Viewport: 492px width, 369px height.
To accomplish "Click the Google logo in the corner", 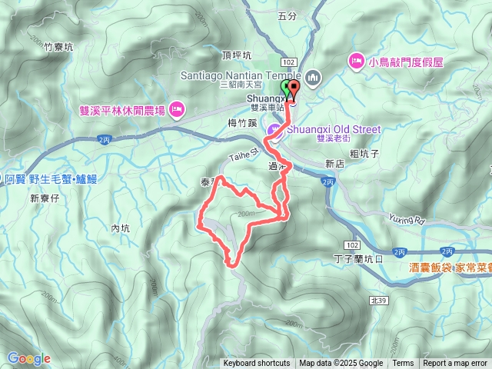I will coord(28,358).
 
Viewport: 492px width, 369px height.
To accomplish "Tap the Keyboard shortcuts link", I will coord(257,364).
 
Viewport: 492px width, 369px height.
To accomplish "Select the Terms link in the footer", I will coord(403,364).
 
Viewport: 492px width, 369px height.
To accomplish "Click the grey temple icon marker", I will coord(313,77).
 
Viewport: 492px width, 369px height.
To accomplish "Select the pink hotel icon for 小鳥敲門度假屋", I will coord(356,60).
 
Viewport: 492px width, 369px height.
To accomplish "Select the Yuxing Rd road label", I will coord(407,221).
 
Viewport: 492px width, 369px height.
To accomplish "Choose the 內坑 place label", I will coord(120,228).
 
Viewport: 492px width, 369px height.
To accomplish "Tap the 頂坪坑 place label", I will coord(235,55).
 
